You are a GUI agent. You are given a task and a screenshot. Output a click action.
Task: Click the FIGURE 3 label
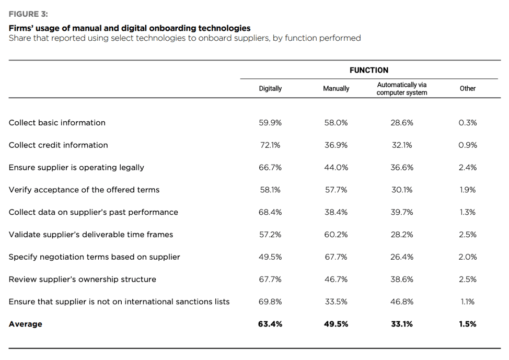point(28,14)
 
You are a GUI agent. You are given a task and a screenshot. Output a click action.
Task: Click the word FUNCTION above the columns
point(369,70)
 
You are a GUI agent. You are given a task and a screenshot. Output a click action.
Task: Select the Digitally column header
point(270,88)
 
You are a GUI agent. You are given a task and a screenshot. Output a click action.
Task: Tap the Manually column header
point(336,88)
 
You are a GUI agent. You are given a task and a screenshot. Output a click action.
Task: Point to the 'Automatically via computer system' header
point(401,88)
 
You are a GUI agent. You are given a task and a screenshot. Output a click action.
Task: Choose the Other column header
point(468,88)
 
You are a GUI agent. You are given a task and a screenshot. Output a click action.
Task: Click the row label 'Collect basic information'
point(57,123)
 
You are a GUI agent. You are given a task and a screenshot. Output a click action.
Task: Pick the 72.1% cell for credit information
point(270,145)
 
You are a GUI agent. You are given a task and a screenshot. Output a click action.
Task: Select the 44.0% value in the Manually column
point(336,168)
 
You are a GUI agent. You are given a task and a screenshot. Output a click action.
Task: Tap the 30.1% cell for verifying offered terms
point(402,190)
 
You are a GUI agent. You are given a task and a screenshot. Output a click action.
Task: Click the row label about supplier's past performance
point(93,212)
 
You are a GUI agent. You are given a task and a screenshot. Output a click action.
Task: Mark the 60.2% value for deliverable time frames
point(336,235)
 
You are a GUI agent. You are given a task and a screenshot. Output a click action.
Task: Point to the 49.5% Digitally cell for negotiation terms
point(270,257)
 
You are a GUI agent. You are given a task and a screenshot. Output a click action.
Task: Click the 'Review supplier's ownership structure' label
point(82,280)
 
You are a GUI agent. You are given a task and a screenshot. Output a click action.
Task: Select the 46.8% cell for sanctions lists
point(402,301)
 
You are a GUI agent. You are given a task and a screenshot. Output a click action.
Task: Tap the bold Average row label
point(26,324)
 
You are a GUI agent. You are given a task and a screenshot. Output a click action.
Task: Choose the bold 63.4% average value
point(270,324)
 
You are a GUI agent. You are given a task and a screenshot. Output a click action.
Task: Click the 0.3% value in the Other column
point(468,123)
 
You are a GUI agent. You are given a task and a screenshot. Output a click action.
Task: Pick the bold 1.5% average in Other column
point(468,324)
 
